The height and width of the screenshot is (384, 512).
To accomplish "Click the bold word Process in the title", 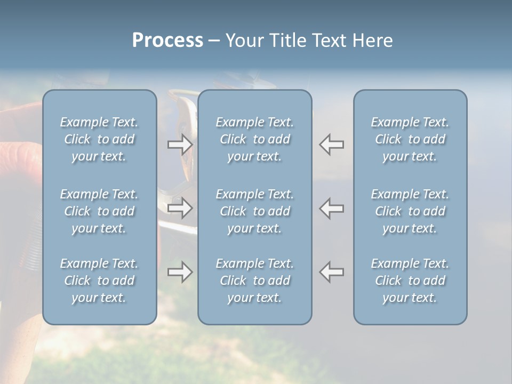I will (167, 41).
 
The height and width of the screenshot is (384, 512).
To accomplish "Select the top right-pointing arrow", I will (180, 145).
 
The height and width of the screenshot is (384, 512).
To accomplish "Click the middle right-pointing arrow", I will (180, 208).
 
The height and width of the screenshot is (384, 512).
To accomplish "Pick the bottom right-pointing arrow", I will (180, 272).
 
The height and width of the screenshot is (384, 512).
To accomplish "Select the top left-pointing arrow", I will (331, 145).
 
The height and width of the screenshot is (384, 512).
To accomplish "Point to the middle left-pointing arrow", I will (331, 208).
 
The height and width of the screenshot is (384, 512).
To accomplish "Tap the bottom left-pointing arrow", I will (331, 272).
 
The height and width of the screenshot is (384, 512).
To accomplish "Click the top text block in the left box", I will (99, 139).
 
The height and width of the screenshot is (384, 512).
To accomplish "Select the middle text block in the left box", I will (99, 211).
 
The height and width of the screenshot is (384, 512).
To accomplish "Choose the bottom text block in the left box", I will (99, 281).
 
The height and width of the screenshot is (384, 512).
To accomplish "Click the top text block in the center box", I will (255, 139).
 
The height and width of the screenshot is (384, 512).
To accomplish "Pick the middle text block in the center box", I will (255, 211).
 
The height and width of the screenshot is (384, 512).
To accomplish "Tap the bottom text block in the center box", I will (255, 281).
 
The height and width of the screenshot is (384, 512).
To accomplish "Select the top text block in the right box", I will (410, 139).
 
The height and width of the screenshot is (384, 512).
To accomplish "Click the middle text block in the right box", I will (410, 211).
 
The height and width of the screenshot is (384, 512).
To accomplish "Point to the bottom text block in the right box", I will (410, 281).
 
